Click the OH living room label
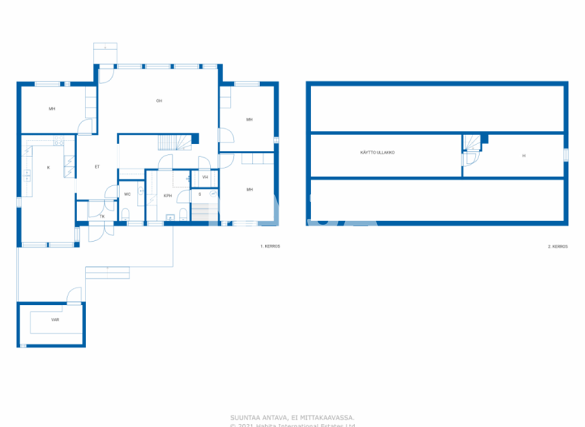(159, 101)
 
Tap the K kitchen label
(48, 167)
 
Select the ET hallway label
(97, 166)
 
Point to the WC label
(127, 194)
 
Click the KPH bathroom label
(167, 195)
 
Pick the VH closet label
(205, 178)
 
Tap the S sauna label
(200, 194)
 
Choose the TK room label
(102, 216)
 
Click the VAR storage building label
(55, 320)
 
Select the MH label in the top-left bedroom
(52, 109)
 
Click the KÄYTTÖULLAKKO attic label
(377, 152)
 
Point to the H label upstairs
(524, 156)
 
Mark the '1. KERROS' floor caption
(270, 247)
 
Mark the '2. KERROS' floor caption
(558, 247)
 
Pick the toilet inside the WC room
(126, 213)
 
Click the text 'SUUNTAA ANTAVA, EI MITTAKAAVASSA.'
(292, 417)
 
